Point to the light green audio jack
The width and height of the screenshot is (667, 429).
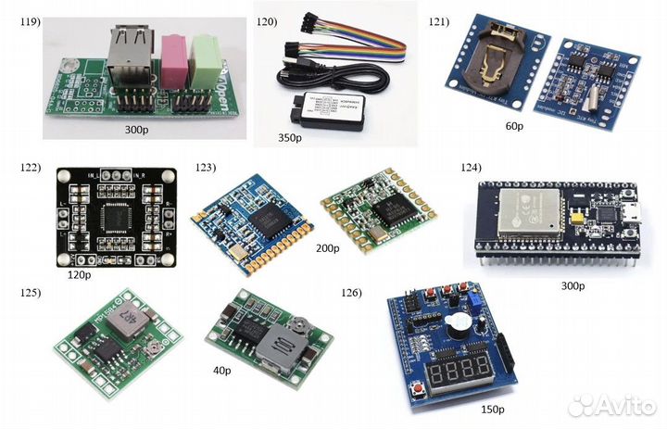[204, 64]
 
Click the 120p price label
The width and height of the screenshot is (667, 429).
[80, 275]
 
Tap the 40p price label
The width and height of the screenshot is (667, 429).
[221, 371]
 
